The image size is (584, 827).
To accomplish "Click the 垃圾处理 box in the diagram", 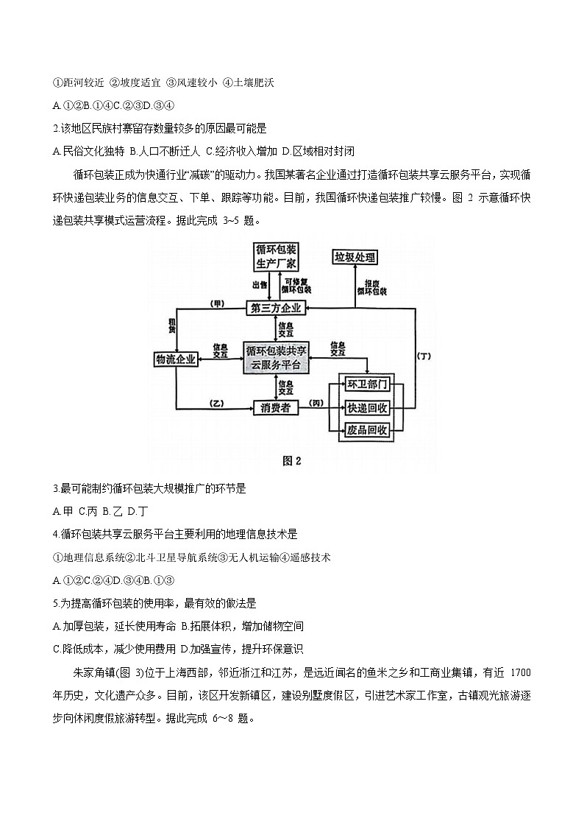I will pos(355,257).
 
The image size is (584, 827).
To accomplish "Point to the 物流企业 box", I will pos(176,359).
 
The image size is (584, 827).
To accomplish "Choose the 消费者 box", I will pos(277,407).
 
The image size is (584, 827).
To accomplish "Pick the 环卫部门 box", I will pos(367,385).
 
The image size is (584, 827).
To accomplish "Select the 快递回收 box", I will pos(367,408).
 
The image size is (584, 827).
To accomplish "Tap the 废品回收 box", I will pos(367,431).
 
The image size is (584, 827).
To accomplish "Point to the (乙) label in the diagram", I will pos(216,403).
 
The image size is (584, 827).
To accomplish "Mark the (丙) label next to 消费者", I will pos(316,403).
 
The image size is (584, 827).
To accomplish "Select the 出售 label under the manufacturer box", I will pos(259,285).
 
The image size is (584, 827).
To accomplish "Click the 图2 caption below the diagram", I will pos(292,461).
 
